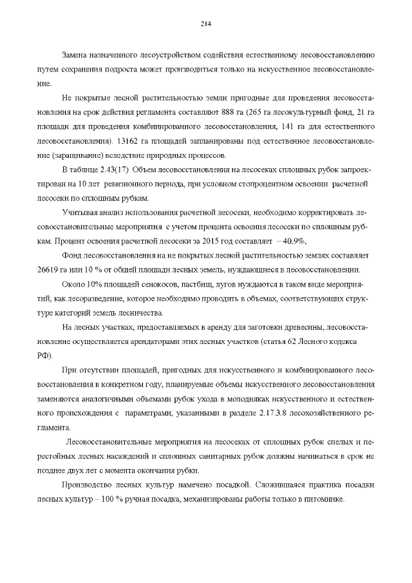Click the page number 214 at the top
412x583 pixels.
click(206, 24)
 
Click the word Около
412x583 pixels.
click(73, 284)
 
